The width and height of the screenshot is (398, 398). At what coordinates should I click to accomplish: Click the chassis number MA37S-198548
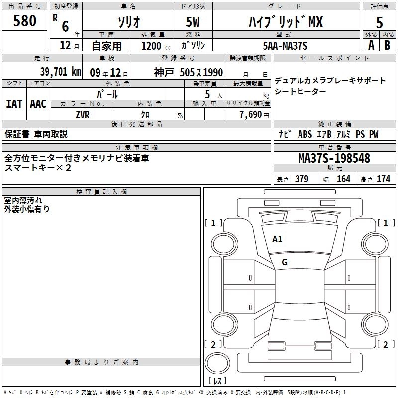pyautogui.click(x=334, y=158)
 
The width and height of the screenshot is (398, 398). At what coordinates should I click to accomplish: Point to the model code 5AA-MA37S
pyautogui.click(x=284, y=46)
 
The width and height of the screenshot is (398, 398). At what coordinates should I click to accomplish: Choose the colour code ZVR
pyautogui.click(x=83, y=114)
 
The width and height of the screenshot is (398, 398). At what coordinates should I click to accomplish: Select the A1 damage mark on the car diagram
pyautogui.click(x=277, y=239)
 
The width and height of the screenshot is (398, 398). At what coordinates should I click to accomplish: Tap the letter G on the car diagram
pyautogui.click(x=284, y=262)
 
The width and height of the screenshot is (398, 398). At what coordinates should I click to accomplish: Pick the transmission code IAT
pyautogui.click(x=14, y=104)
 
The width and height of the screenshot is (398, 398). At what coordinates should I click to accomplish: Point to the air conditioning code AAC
pyautogui.click(x=38, y=104)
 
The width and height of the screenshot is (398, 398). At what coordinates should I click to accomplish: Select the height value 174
pyautogui.click(x=383, y=179)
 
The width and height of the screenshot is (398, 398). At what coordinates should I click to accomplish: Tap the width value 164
pyautogui.click(x=343, y=179)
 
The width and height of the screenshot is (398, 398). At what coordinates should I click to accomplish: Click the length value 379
pyautogui.click(x=301, y=179)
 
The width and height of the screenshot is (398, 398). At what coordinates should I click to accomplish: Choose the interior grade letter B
pyautogui.click(x=387, y=45)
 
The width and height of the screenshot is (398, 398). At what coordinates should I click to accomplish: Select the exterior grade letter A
pyautogui.click(x=371, y=45)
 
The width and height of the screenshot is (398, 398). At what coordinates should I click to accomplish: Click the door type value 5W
pyautogui.click(x=194, y=22)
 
